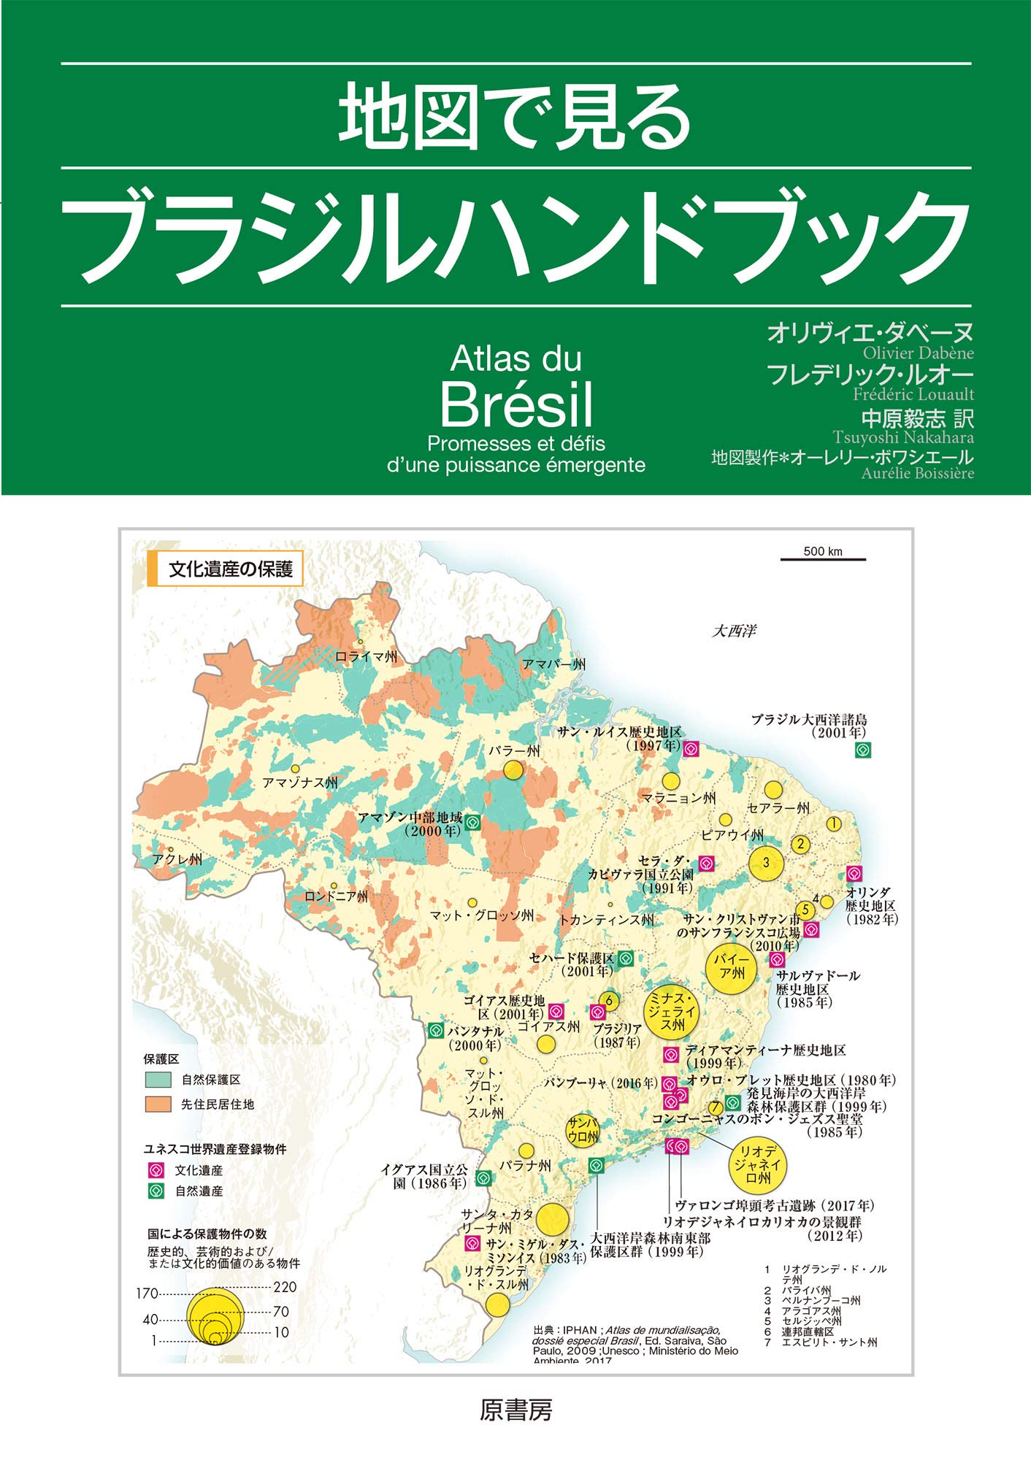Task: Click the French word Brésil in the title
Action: coord(516,404)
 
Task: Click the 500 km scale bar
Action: coord(823,559)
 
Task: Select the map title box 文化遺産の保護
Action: coord(226,569)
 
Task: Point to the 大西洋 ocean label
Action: coord(734,631)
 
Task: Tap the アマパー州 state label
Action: coord(553,664)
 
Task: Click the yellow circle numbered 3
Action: coord(766,863)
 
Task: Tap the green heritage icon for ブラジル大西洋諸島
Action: coord(862,750)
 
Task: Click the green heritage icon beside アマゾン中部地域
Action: coord(472,823)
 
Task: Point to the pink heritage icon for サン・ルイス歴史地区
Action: coord(691,748)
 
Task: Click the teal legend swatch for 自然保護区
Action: coord(158,1079)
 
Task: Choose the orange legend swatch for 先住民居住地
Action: coord(158,1104)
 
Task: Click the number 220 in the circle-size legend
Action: coord(285,1287)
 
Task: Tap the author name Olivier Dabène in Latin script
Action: coord(918,353)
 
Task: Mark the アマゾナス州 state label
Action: coord(300,783)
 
